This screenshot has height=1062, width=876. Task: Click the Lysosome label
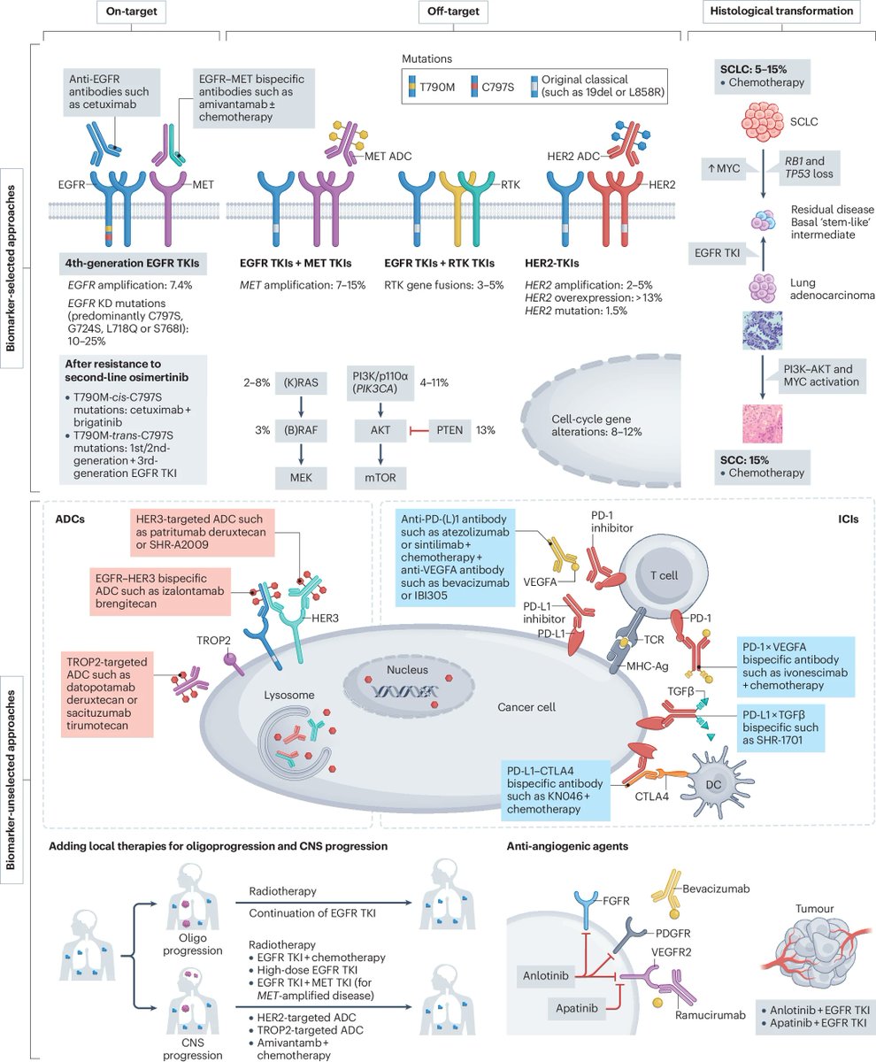(x=289, y=696)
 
